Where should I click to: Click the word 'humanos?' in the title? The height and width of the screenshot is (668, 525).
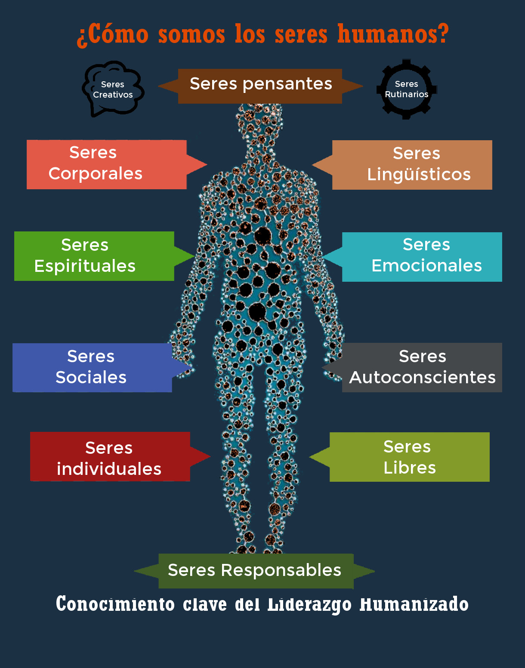click(393, 34)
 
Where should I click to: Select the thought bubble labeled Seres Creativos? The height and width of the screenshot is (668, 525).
click(113, 89)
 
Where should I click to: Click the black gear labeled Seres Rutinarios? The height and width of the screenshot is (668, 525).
click(406, 89)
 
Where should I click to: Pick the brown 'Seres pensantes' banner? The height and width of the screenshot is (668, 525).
click(260, 86)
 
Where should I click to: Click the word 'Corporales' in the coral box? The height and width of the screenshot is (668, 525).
click(95, 174)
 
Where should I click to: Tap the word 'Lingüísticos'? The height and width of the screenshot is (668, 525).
click(419, 175)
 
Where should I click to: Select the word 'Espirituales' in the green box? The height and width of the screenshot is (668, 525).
click(85, 266)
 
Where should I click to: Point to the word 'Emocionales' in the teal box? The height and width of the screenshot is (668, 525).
click(426, 266)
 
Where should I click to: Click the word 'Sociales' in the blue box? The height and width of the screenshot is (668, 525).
click(91, 378)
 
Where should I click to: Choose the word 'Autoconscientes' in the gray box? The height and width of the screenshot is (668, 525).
click(422, 378)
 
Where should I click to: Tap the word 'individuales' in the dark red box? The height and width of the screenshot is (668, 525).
click(109, 469)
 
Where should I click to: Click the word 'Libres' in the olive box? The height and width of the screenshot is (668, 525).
click(409, 468)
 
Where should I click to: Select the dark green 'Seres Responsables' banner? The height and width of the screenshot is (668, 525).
click(255, 571)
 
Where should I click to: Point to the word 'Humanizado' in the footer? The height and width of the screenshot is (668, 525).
click(414, 605)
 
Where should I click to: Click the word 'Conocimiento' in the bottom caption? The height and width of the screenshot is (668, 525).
click(115, 604)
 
